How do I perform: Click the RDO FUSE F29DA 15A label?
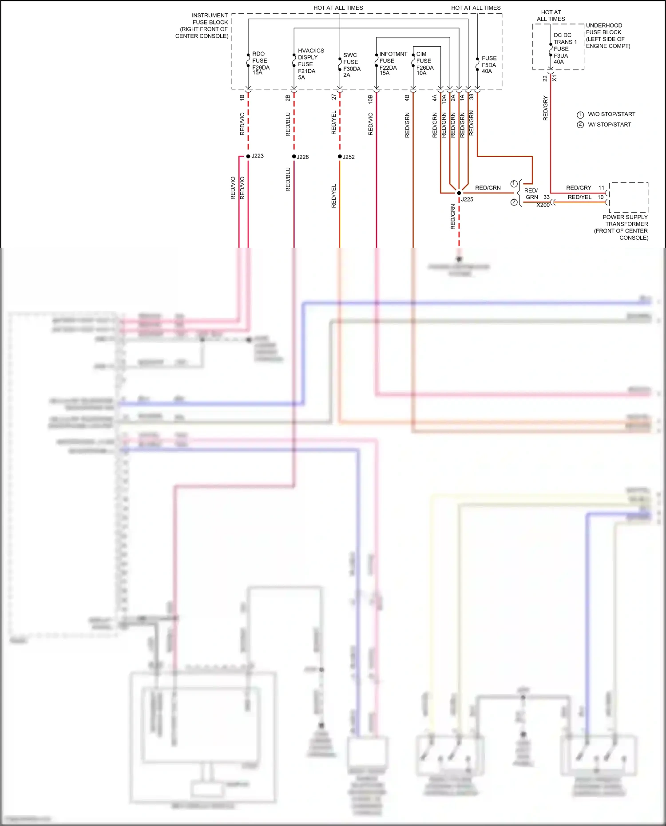tap(260, 63)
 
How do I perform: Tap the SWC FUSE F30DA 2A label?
tap(351, 65)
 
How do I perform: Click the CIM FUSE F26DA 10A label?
tap(424, 63)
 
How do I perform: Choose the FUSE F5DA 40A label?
tap(488, 64)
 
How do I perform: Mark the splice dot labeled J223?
tap(248, 156)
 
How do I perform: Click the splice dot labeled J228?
tap(294, 157)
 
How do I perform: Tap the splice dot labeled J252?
tap(340, 157)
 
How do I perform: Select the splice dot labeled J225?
tap(459, 193)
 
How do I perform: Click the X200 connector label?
tap(543, 205)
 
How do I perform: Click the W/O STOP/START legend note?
tap(611, 114)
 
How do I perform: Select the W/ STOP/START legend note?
tap(609, 125)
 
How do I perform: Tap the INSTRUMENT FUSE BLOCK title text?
tap(203, 26)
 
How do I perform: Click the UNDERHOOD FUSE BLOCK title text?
tap(607, 36)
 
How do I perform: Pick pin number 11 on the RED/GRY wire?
tap(601, 188)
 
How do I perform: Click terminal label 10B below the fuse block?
tap(370, 99)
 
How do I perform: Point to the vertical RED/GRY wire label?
tap(545, 108)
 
